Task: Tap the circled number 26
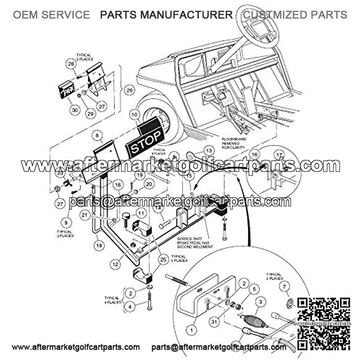pos(129,90)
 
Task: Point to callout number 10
pos(135,115)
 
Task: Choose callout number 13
pos(208,150)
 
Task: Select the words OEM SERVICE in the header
pos(51,15)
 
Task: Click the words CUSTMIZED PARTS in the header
pos(295,15)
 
